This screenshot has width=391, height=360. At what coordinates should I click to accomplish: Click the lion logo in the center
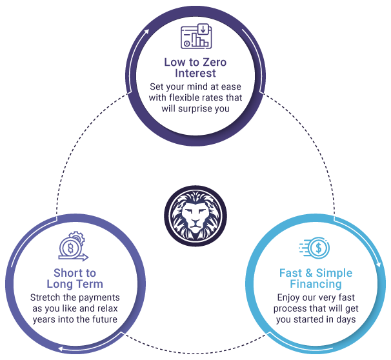click(x=195, y=216)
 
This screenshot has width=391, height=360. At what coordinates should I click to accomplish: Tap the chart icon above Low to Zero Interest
click(x=196, y=36)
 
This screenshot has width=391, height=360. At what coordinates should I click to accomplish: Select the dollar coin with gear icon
click(x=73, y=246)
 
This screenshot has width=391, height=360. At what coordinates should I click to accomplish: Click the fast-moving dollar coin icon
click(x=314, y=248)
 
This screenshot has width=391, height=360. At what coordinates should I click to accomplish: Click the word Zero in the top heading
click(x=214, y=63)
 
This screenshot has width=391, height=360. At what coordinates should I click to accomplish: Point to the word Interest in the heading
click(x=195, y=74)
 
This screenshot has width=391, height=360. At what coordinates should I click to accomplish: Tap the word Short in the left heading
click(x=65, y=273)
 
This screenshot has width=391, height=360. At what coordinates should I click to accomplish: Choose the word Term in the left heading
click(x=90, y=284)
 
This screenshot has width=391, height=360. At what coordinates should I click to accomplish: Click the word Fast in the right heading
click(x=291, y=273)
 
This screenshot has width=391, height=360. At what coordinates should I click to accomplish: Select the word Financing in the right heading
click(x=316, y=284)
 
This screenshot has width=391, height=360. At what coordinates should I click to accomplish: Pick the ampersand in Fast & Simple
click(x=308, y=273)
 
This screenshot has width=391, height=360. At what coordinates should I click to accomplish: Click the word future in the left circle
click(x=105, y=319)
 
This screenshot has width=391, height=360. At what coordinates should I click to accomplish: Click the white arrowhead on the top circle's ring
click(x=146, y=32)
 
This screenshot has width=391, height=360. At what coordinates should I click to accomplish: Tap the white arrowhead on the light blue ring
click(x=379, y=264)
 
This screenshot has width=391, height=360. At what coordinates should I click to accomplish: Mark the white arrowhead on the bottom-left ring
click(x=61, y=349)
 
